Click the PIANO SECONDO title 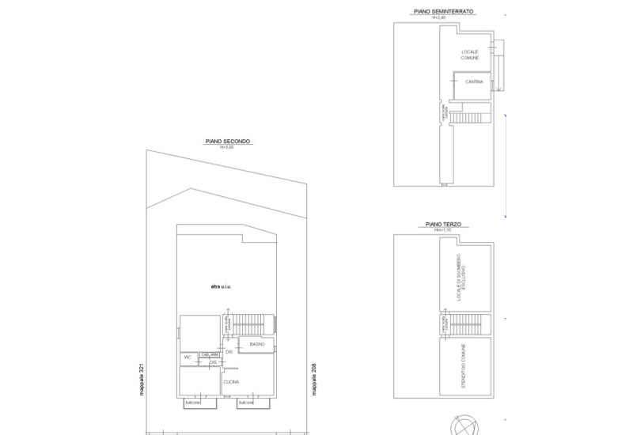(x=227, y=142)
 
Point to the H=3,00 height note (x=227, y=148)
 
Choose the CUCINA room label (x=231, y=382)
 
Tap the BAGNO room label (x=256, y=345)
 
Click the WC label (x=188, y=357)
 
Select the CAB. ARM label (x=210, y=354)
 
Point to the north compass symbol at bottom (x=464, y=427)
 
